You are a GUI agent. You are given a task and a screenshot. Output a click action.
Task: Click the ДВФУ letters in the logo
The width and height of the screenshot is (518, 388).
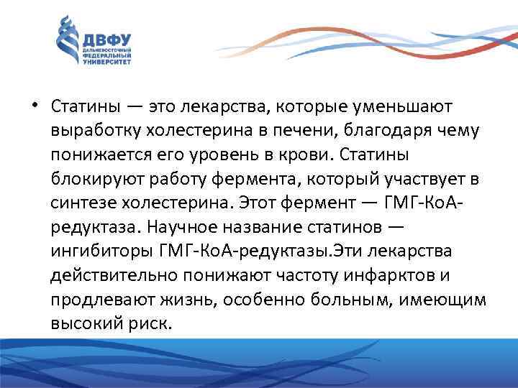[x=108, y=40]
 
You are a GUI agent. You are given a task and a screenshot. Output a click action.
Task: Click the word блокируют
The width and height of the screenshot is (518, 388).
[x=93, y=179]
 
